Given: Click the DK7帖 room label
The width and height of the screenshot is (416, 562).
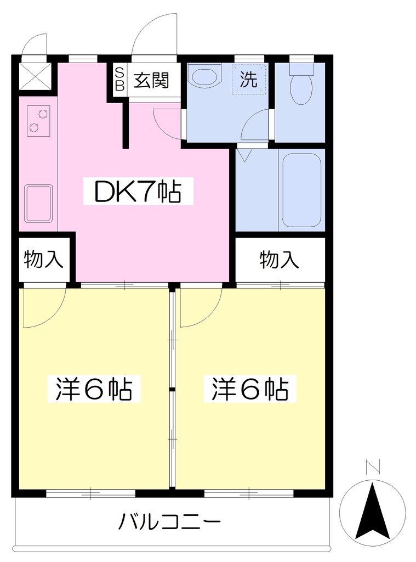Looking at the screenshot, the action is (x=138, y=191).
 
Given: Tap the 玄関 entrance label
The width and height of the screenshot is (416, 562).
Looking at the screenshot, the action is (x=151, y=80).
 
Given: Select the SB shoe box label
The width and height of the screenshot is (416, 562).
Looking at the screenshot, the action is (x=119, y=80).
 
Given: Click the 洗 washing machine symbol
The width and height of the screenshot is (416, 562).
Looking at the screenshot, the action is (x=249, y=79).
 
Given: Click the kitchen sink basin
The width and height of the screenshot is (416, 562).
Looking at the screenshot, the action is (x=38, y=204).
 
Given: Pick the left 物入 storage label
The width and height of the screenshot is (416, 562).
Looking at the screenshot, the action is (x=43, y=260).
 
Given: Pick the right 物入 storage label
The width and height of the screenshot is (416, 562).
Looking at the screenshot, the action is (x=279, y=260).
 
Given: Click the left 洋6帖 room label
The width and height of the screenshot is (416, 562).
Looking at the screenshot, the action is (x=94, y=389).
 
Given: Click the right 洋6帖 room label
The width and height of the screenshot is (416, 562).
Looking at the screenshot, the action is (x=250, y=389).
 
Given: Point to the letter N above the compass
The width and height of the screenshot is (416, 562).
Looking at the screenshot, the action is (x=373, y=467).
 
